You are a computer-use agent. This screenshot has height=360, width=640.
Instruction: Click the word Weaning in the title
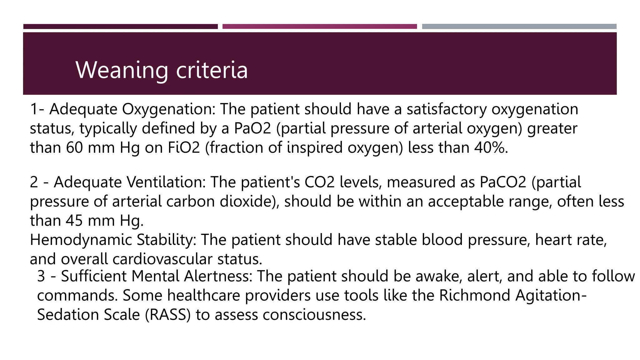[122, 70]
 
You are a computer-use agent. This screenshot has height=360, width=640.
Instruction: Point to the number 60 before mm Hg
[74, 147]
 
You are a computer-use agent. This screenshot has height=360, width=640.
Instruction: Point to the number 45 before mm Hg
[74, 221]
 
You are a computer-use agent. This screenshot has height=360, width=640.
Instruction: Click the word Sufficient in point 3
[94, 276]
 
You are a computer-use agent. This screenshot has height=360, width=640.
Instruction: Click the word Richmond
[475, 295]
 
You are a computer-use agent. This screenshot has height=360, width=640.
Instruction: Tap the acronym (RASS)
[168, 315]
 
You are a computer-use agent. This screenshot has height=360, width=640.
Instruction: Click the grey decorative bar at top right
[519, 27]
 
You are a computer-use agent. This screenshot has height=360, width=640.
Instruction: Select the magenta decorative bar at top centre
[319, 27]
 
